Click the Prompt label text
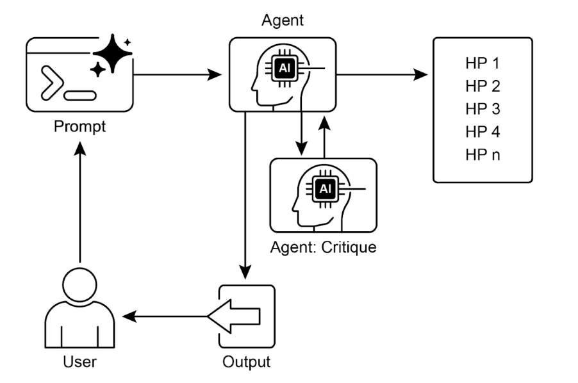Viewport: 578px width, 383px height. point(79,127)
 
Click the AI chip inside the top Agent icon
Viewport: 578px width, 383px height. point(283,67)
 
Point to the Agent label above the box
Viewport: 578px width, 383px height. point(283,20)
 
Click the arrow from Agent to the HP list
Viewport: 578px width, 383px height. point(383,75)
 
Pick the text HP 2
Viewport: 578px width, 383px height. point(483,86)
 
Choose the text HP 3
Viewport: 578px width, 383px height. point(483,110)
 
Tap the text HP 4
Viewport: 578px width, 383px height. point(483,133)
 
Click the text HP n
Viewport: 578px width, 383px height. point(483,156)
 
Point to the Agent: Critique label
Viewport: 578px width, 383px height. point(323,247)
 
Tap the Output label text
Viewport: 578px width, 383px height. point(246,362)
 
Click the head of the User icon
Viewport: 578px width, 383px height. point(79,284)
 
